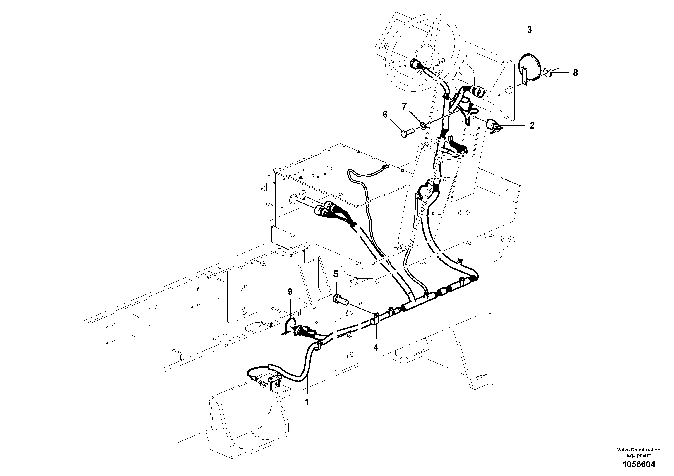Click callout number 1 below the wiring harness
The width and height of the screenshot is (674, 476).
click(307, 402)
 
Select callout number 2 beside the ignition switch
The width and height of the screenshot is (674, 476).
click(532, 125)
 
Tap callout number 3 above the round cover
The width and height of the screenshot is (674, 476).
click(529, 30)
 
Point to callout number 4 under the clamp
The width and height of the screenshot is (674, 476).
click(376, 347)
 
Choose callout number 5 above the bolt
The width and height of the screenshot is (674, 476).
click(336, 274)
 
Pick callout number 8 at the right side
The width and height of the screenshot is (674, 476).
click(575, 73)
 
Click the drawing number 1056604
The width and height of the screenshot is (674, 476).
click(639, 464)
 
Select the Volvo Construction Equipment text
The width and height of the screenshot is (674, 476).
click(639, 452)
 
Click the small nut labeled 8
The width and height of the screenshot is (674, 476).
click(547, 71)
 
